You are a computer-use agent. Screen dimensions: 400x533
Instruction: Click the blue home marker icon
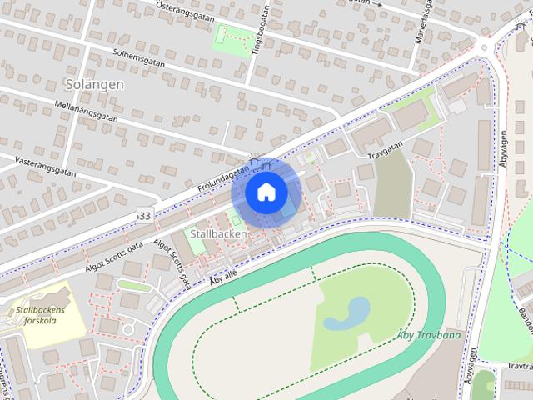(x=266, y=192)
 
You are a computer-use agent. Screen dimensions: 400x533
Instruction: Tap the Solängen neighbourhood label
(x=93, y=84)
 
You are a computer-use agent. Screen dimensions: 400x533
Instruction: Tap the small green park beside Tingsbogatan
(x=232, y=36)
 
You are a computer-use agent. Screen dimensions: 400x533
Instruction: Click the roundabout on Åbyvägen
(x=483, y=47)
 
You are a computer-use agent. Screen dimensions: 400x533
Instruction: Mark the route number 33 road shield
(x=143, y=216)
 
